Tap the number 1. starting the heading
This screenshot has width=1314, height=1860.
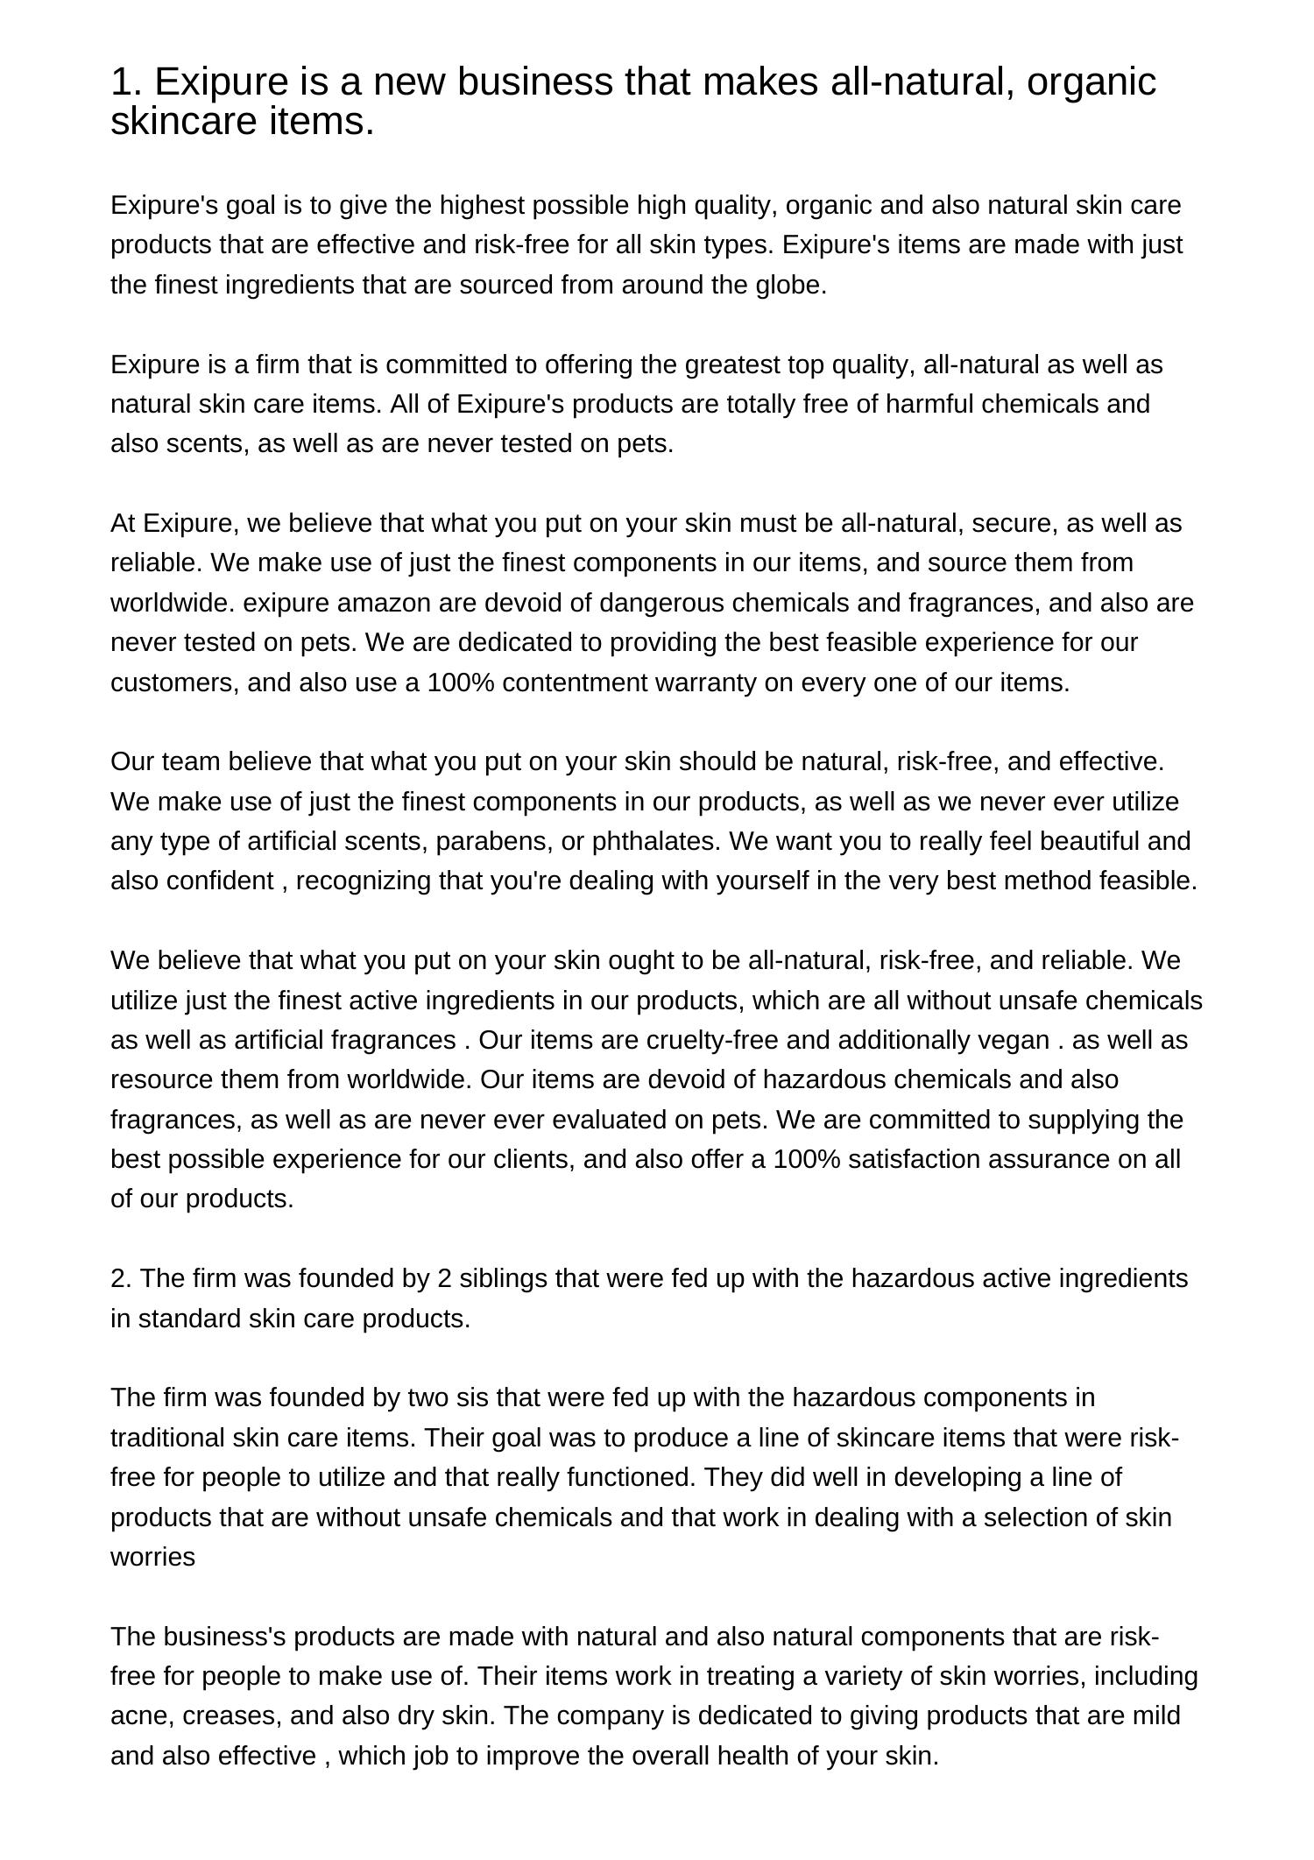click(x=127, y=82)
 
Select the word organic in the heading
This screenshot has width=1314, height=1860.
click(x=1091, y=82)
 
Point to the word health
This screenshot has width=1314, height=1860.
click(x=781, y=1756)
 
